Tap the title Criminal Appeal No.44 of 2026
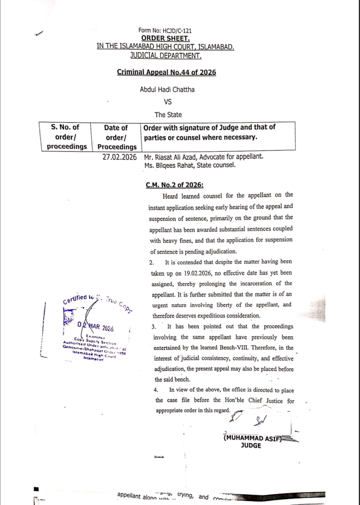(x=166, y=72)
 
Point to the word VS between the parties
(x=167, y=103)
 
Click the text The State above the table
(x=168, y=115)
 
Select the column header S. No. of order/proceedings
(x=66, y=137)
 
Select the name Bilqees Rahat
(x=180, y=165)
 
